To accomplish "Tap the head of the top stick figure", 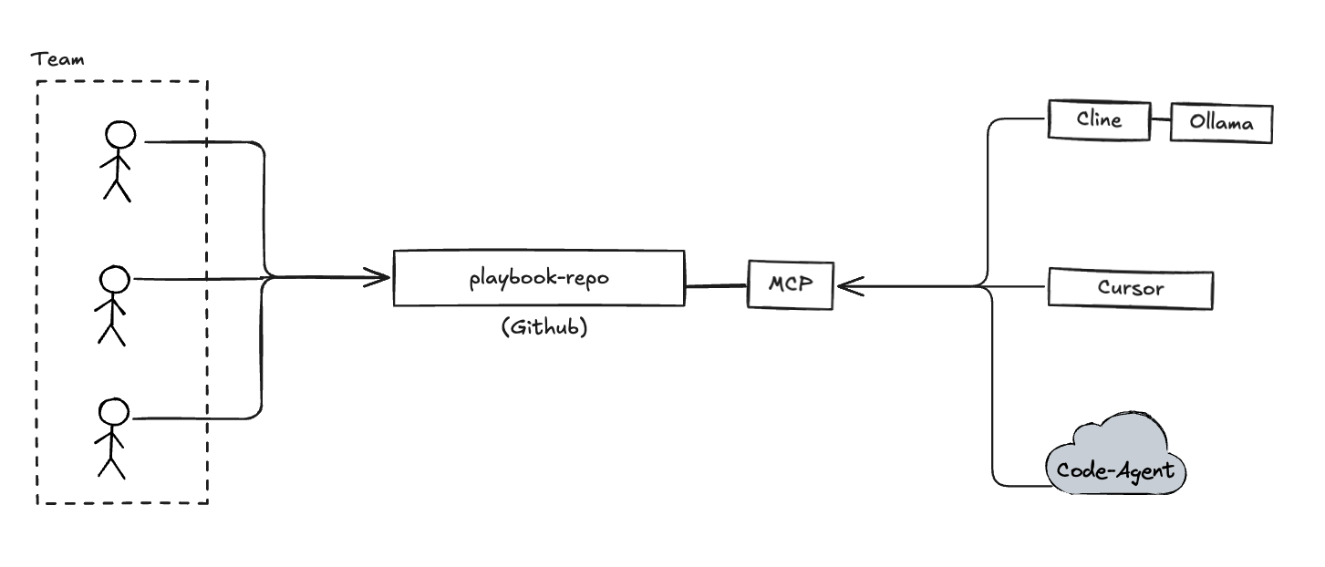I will point(120,135).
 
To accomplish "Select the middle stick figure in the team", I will point(112,306).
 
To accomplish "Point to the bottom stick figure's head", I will point(113,412).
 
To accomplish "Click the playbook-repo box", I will point(538,278).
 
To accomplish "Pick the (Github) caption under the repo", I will point(543,328).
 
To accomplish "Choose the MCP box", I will point(790,284).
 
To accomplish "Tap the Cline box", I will point(1098,119).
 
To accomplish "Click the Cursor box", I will point(1131,288).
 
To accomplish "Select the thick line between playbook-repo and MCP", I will point(716,285).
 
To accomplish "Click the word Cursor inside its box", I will point(1131,288).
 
